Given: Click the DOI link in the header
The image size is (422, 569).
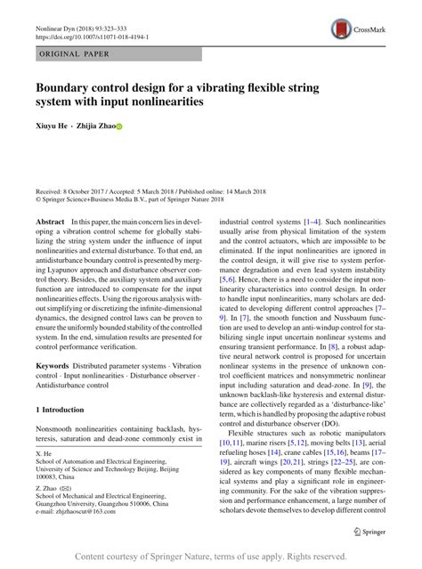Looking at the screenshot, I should [x=93, y=39].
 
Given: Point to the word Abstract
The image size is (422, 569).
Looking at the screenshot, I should [x=50, y=221].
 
